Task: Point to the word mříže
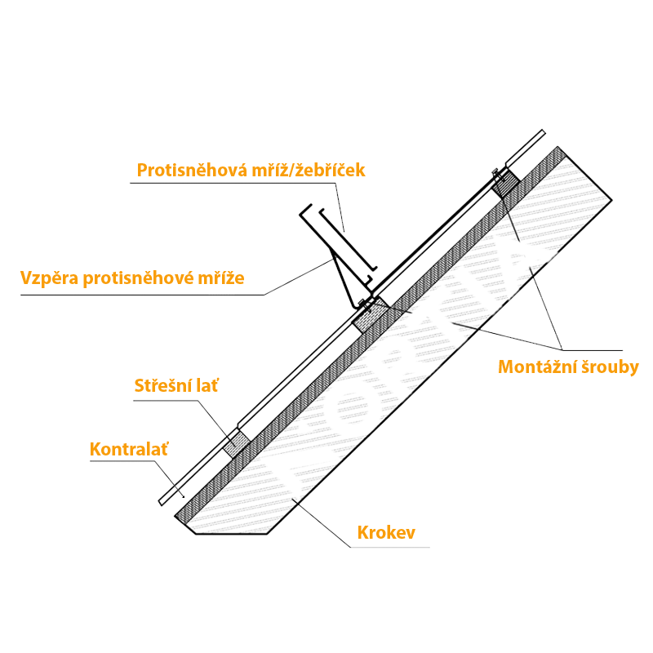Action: (x=220, y=278)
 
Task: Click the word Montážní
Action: (x=539, y=366)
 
